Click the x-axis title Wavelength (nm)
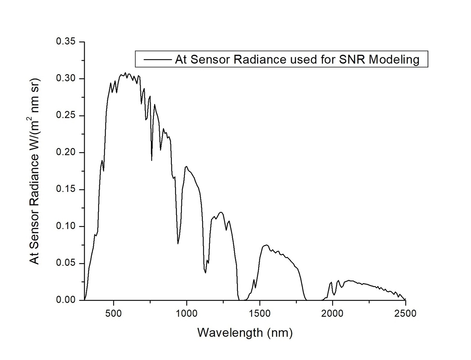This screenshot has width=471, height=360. pyautogui.click(x=245, y=332)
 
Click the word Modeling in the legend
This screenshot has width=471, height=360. pyautogui.click(x=394, y=59)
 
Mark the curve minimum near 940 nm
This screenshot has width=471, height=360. pyautogui.click(x=178, y=243)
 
